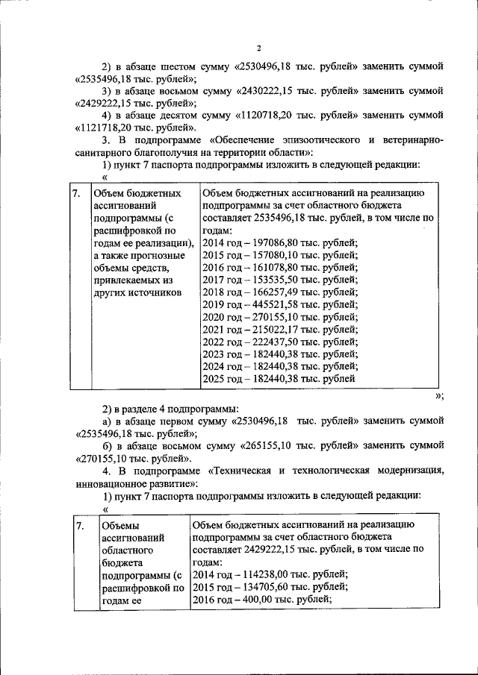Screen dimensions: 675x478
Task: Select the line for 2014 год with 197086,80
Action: click(280, 243)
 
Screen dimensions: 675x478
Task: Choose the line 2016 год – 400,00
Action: click(262, 600)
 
